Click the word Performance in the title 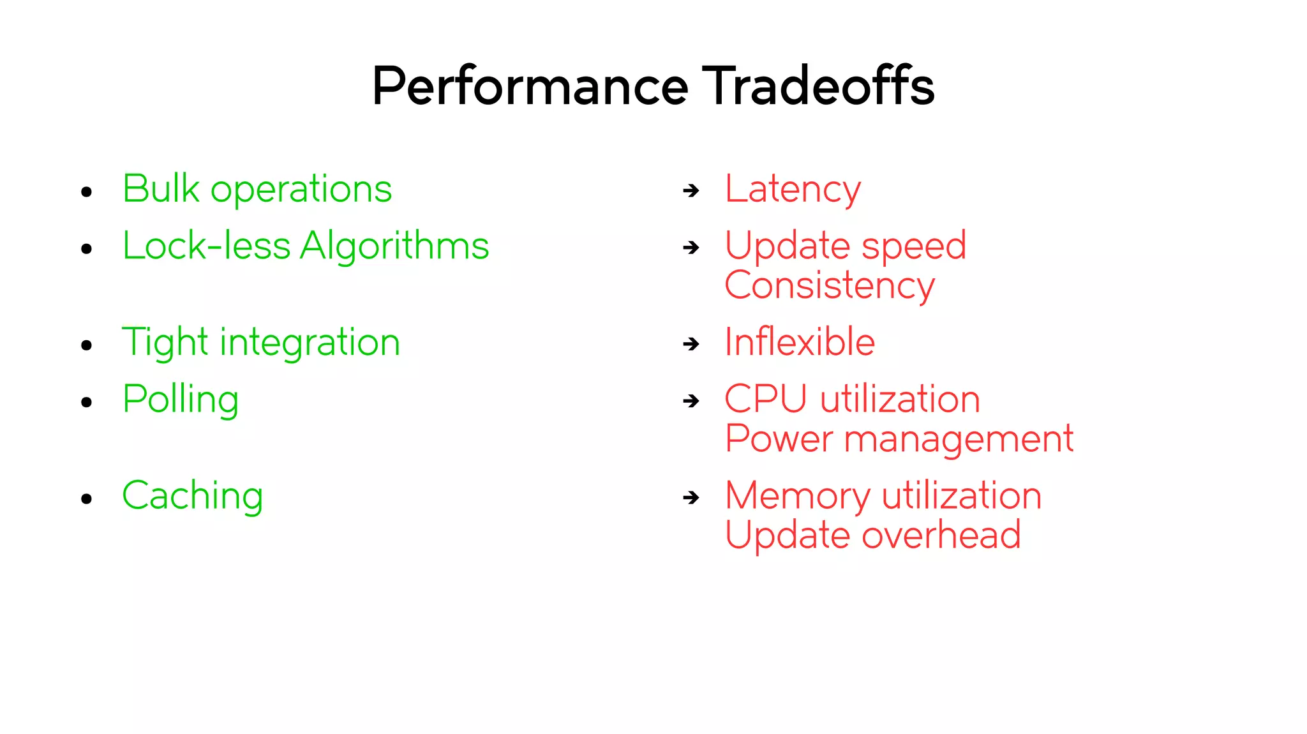coord(530,86)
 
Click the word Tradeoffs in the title coord(818,86)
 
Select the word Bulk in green coord(161,189)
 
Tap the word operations coord(301,190)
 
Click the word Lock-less coord(206,246)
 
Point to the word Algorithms coord(394,246)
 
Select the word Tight coord(165,343)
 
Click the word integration coord(310,343)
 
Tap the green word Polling coord(181,400)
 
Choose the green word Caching coord(192,496)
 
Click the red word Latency coord(793,190)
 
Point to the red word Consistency coord(830,285)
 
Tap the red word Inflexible coord(800,342)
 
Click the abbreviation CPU coord(766,400)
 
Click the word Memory coord(797,496)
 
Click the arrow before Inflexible coord(691,344)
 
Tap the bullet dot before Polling coord(87,402)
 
